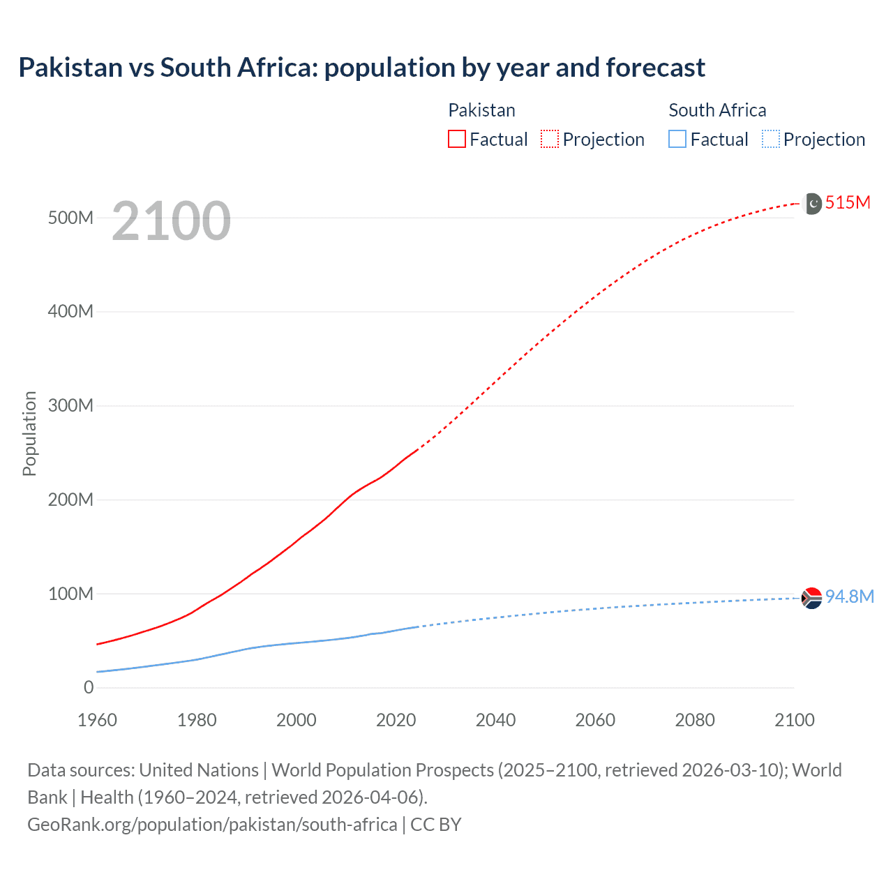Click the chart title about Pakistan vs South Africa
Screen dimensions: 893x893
361,68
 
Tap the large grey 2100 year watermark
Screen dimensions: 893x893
171,221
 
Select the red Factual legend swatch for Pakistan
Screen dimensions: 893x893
456,140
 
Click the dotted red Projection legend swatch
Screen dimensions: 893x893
550,140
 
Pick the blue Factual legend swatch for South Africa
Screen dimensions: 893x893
677,140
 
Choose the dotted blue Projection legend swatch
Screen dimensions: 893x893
771,140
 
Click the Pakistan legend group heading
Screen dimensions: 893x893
481,110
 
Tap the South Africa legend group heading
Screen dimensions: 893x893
717,110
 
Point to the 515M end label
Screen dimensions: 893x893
848,202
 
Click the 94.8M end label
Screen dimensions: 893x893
849,596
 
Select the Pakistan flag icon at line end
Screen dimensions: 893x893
813,204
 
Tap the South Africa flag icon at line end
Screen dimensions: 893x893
812,598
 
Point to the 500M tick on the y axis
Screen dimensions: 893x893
70,218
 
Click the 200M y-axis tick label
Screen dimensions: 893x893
70,500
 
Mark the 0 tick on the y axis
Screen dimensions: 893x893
89,687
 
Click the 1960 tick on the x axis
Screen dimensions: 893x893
97,720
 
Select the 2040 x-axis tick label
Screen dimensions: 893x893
495,720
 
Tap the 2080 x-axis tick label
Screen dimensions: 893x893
695,720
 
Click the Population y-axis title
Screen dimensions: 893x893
29,433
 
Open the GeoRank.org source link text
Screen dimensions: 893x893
212,825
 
